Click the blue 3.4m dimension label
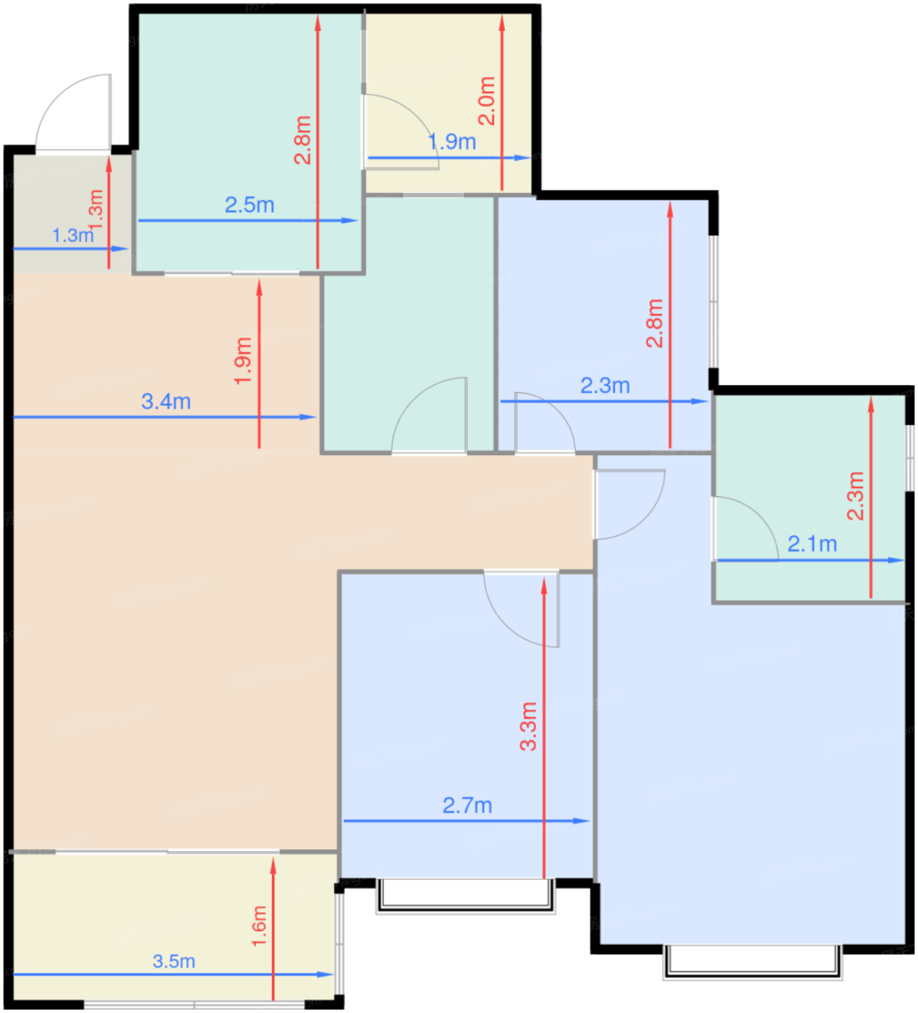coord(166,402)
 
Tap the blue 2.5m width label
coord(249,205)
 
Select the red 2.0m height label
coord(487,101)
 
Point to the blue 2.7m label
coord(467,805)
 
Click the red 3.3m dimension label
coord(529,726)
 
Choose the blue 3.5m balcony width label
coord(174,961)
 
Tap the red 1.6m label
coord(259,925)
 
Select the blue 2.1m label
coord(812,543)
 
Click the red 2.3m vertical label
coord(856,496)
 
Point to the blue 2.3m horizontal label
coord(605,386)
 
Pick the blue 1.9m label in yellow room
coord(452,142)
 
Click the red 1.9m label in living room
coord(244,360)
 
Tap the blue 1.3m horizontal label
coord(72,235)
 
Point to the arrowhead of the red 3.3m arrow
coord(544,585)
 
